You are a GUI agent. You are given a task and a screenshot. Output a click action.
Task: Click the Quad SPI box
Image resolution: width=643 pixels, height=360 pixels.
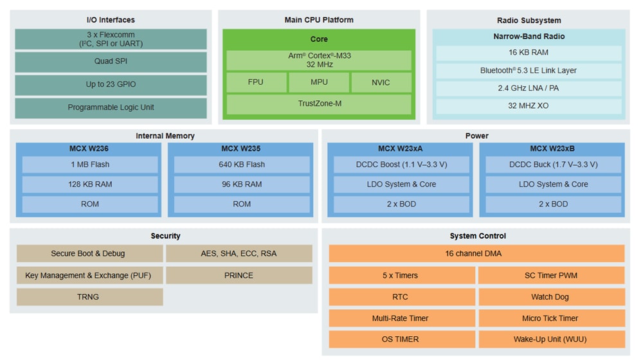coord(111,62)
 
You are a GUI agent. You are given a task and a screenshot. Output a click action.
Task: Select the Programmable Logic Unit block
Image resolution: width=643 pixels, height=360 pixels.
coord(111,107)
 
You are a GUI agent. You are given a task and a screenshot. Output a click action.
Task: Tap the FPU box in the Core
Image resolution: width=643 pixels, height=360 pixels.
coord(255,82)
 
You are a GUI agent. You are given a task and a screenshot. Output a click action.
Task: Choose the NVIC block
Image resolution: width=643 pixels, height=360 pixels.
coord(381,82)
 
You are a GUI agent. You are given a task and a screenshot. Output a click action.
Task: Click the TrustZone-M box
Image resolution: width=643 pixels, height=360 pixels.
coord(319,104)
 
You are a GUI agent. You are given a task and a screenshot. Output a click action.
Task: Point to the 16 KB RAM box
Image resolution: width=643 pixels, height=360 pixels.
coord(529,53)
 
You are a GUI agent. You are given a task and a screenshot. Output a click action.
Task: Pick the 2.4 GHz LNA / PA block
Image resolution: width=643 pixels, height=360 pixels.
coord(529,88)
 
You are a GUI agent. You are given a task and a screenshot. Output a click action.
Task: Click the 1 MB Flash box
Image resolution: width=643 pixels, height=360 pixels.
coord(90,165)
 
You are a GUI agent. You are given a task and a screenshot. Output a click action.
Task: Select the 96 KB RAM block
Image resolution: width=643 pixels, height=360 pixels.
coord(242,184)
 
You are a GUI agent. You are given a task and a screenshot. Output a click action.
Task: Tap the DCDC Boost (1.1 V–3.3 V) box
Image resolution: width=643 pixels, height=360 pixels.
coord(401,165)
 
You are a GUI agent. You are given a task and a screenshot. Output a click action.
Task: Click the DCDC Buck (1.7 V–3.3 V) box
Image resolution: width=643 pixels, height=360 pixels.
coord(553,165)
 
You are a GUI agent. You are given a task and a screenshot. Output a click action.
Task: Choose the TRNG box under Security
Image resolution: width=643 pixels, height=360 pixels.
coord(90,297)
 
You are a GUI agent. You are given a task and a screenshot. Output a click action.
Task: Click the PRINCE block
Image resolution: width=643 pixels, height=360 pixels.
coord(239,275)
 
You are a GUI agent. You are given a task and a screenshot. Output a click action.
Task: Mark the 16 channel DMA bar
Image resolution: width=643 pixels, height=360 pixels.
coord(476,254)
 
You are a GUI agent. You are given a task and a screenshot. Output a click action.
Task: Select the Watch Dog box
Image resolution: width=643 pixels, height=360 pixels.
coord(552,297)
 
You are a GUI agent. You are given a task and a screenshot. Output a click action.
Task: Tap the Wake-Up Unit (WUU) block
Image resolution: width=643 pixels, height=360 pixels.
coord(552,339)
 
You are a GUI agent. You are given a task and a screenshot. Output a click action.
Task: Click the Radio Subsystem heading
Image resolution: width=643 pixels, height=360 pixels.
coord(529,20)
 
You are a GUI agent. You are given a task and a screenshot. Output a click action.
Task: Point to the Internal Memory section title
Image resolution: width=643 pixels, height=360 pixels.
coord(165,136)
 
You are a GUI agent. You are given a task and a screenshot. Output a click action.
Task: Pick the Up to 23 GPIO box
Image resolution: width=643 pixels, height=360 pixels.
coord(111,85)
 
